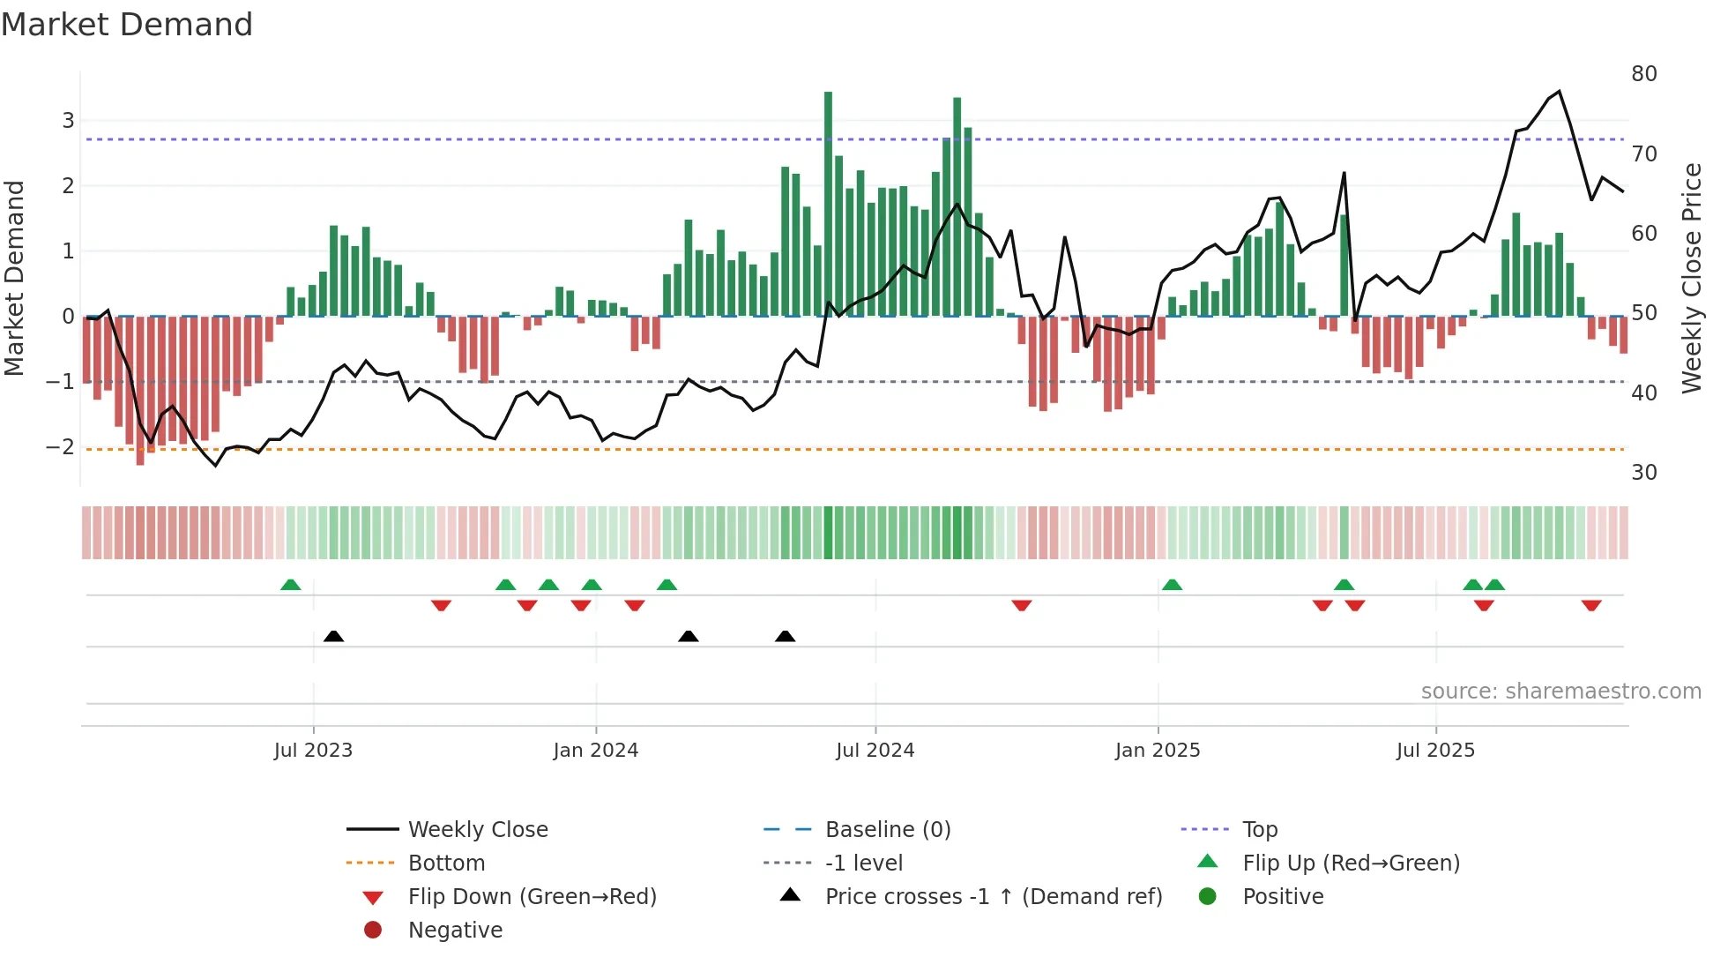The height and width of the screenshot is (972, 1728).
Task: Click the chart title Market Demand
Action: [x=127, y=25]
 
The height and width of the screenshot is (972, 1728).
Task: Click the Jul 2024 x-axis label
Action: [x=875, y=751]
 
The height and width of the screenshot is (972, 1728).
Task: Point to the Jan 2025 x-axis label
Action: [x=1157, y=751]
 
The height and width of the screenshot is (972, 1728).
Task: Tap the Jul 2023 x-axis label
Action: [x=313, y=751]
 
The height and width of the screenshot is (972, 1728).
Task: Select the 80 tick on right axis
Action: [x=1643, y=74]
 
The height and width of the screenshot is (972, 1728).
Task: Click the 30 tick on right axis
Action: [x=1643, y=473]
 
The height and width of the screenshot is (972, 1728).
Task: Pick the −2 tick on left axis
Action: [x=60, y=447]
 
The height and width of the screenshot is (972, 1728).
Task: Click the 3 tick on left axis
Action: [x=68, y=121]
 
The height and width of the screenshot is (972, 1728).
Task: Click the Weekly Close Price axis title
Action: [x=1691, y=278]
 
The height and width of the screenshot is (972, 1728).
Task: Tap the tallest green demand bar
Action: [x=828, y=203]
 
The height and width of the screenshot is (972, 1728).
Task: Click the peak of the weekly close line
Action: [x=1559, y=92]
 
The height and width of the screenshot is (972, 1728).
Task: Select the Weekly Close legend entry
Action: [x=477, y=830]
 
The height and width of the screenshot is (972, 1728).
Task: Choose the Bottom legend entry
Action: [x=446, y=864]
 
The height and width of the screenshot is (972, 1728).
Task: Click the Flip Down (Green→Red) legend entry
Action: [x=532, y=897]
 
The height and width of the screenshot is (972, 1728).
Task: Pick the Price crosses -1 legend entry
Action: [x=993, y=897]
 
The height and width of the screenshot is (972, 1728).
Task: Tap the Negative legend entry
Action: [x=455, y=931]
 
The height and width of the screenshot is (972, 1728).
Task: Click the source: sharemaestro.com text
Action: [x=1560, y=692]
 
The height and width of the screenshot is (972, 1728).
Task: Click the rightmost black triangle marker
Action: [x=785, y=636]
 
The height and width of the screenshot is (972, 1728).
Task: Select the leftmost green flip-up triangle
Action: [x=290, y=585]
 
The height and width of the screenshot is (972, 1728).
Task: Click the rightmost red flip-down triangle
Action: [x=1590, y=605]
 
